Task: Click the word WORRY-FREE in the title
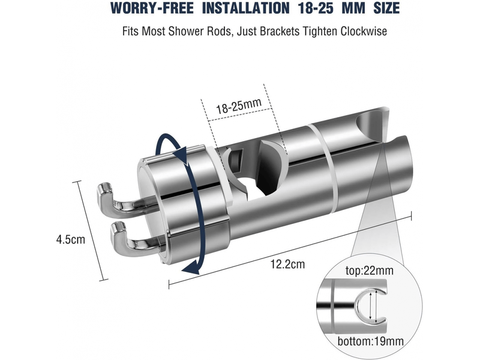tap(152, 8)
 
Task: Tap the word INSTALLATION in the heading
tap(245, 8)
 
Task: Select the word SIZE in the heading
tap(386, 8)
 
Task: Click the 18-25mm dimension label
tap(239, 106)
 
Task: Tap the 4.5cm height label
tap(70, 239)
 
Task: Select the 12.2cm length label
tap(287, 264)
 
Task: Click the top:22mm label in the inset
tap(370, 271)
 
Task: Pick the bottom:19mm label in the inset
tap(370, 341)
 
